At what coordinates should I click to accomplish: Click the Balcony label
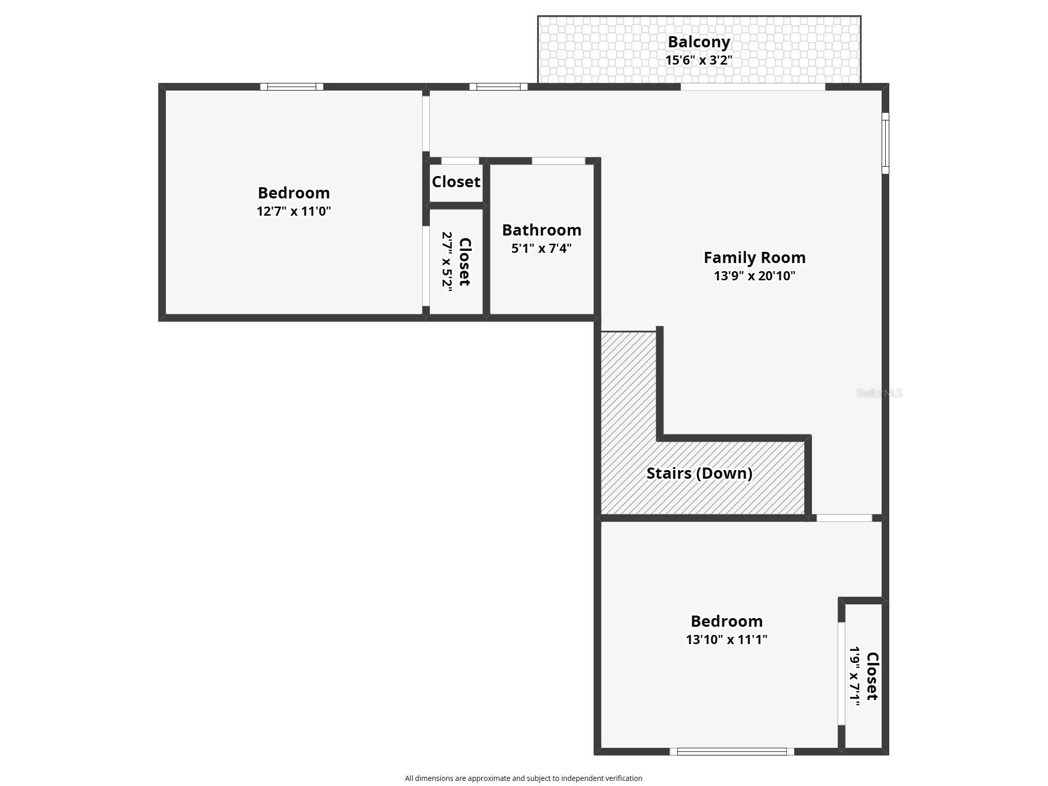[x=698, y=42]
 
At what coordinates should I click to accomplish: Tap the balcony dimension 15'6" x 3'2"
[x=698, y=60]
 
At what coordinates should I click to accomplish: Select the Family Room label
[x=754, y=257]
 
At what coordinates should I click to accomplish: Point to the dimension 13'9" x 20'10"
[x=754, y=276]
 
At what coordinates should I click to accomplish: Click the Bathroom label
[x=541, y=230]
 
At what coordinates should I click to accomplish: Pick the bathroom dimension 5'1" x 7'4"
[x=541, y=248]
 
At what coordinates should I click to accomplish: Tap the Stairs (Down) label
[x=699, y=473]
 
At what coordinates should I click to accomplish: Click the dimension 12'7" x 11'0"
[x=294, y=211]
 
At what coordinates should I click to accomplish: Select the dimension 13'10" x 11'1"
[x=726, y=639]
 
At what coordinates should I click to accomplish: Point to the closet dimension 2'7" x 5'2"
[x=447, y=261]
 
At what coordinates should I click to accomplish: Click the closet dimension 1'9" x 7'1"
[x=855, y=676]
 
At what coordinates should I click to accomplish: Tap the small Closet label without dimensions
[x=456, y=182]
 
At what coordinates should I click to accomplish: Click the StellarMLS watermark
[x=879, y=393]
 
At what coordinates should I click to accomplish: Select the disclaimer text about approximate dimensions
[x=523, y=778]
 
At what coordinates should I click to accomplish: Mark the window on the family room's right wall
[x=885, y=143]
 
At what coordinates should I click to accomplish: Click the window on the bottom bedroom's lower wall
[x=732, y=751]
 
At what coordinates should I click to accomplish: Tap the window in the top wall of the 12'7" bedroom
[x=292, y=86]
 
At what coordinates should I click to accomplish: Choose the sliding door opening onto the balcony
[x=752, y=87]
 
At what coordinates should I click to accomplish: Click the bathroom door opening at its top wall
[x=558, y=161]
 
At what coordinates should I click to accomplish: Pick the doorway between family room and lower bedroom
[x=844, y=518]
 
